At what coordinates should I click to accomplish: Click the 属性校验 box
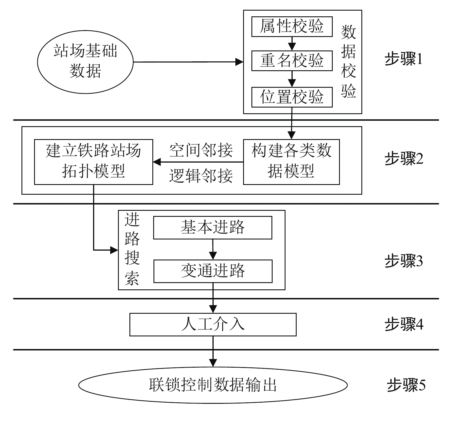(292, 27)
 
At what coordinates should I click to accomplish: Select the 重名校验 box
(292, 61)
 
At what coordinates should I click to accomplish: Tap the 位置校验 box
(292, 97)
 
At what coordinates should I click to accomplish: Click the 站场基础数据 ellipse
(85, 62)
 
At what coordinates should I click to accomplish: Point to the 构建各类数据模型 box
(291, 162)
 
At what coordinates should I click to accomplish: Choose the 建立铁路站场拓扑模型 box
(93, 162)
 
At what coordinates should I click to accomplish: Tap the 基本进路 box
(212, 227)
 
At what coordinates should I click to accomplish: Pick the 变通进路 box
(212, 271)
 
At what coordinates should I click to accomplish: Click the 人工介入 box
(213, 324)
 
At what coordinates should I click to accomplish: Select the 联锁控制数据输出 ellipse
(213, 385)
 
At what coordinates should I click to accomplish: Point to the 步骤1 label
(403, 60)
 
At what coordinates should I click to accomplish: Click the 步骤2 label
(403, 159)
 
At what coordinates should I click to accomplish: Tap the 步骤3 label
(403, 261)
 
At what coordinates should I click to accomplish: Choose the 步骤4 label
(403, 324)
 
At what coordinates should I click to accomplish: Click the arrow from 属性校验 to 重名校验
(292, 44)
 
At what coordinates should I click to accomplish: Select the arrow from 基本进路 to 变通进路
(213, 249)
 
